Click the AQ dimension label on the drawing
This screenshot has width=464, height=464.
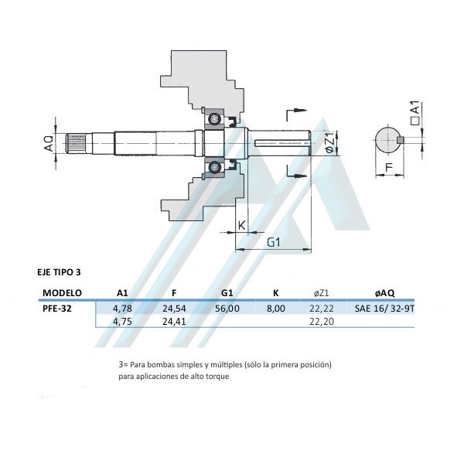pyautogui.click(x=48, y=143)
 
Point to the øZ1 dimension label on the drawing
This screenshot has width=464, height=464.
pyautogui.click(x=329, y=144)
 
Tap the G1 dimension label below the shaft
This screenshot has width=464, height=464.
pyautogui.click(x=272, y=242)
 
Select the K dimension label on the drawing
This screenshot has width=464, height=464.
pyautogui.click(x=241, y=225)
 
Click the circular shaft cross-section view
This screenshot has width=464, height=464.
pyautogui.click(x=389, y=141)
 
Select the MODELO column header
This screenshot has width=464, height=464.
pyautogui.click(x=63, y=293)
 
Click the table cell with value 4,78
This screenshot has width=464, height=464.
pyautogui.click(x=121, y=308)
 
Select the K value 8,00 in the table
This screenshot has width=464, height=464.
pyautogui.click(x=276, y=308)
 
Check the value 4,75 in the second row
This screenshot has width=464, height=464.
pyautogui.click(x=121, y=322)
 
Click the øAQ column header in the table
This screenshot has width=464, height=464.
pyautogui.click(x=385, y=293)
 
